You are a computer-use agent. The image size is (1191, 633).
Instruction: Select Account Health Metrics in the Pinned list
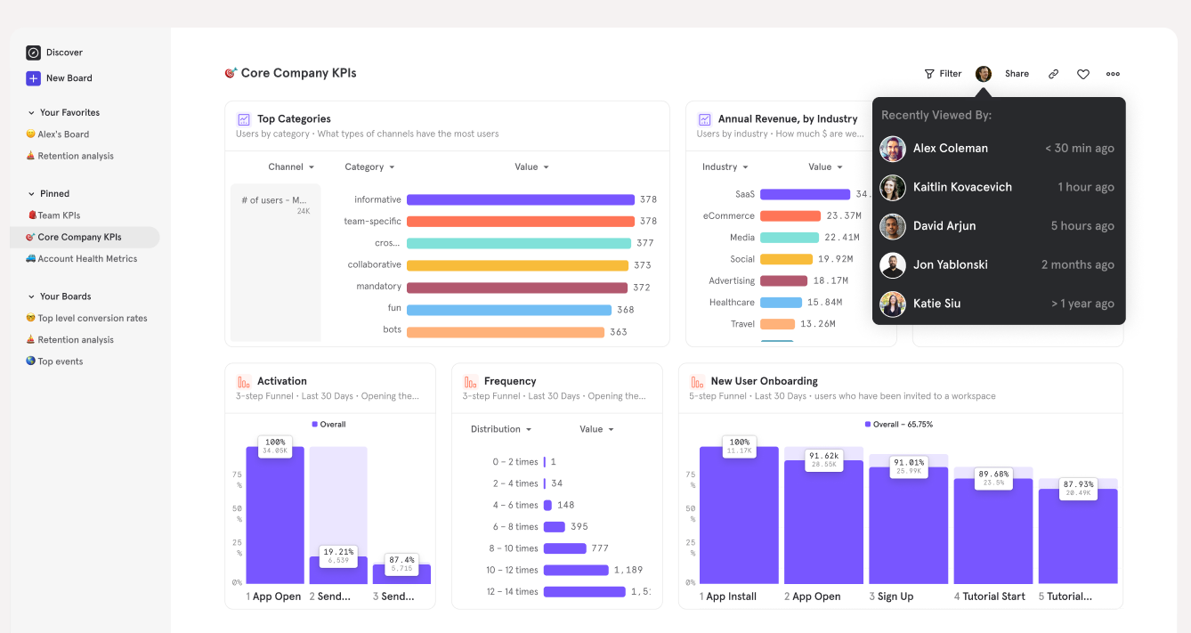(x=87, y=259)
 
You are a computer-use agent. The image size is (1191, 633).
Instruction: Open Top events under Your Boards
(x=60, y=361)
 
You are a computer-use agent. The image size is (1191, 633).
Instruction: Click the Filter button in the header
(x=943, y=74)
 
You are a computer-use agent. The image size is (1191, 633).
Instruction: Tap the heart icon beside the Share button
(x=1082, y=74)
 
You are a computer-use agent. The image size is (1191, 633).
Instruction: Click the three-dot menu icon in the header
(x=1113, y=74)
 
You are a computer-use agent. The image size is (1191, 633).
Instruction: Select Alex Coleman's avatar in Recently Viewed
(x=893, y=149)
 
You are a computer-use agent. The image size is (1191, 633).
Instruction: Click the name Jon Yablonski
(x=950, y=264)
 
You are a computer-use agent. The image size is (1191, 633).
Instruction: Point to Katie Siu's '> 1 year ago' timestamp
(x=1082, y=304)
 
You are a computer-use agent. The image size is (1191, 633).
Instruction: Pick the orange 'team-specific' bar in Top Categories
(x=520, y=222)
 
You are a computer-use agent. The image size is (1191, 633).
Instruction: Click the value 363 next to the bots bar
(x=619, y=332)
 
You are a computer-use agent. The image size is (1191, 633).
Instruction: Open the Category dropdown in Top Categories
(x=369, y=167)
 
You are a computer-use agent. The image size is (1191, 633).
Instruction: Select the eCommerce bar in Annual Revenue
(x=790, y=216)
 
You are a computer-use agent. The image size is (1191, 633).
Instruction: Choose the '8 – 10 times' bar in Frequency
(x=564, y=548)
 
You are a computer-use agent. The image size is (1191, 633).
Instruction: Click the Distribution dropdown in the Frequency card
(x=501, y=429)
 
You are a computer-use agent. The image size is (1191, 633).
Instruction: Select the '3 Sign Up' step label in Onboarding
(x=891, y=596)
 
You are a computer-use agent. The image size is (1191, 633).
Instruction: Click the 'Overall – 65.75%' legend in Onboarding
(x=899, y=425)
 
